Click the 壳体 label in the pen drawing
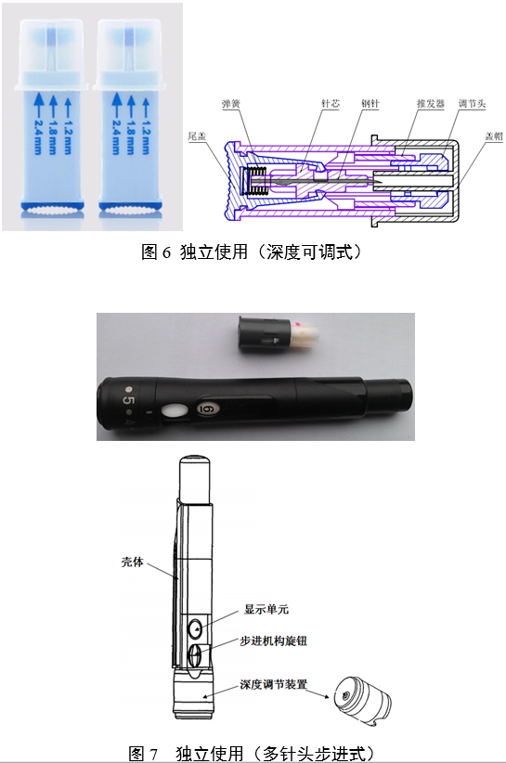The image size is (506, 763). (134, 562)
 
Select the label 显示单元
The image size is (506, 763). (268, 611)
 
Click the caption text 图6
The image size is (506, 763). (151, 251)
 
